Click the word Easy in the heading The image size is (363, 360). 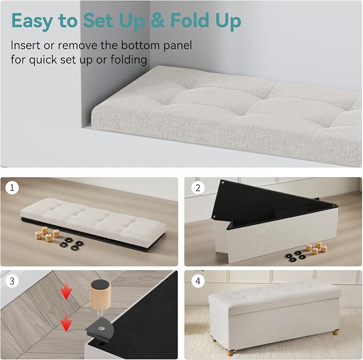tap(32, 21)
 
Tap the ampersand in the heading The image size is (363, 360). tap(158, 20)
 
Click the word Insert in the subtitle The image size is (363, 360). tap(26, 45)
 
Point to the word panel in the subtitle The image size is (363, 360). tap(177, 45)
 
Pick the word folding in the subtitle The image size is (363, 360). tap(128, 60)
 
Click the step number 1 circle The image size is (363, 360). tap(12, 187)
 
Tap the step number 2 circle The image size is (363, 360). tap(198, 188)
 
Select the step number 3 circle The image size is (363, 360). tap(12, 281)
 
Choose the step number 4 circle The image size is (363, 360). tap(198, 281)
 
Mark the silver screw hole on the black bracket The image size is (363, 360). tap(101, 328)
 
